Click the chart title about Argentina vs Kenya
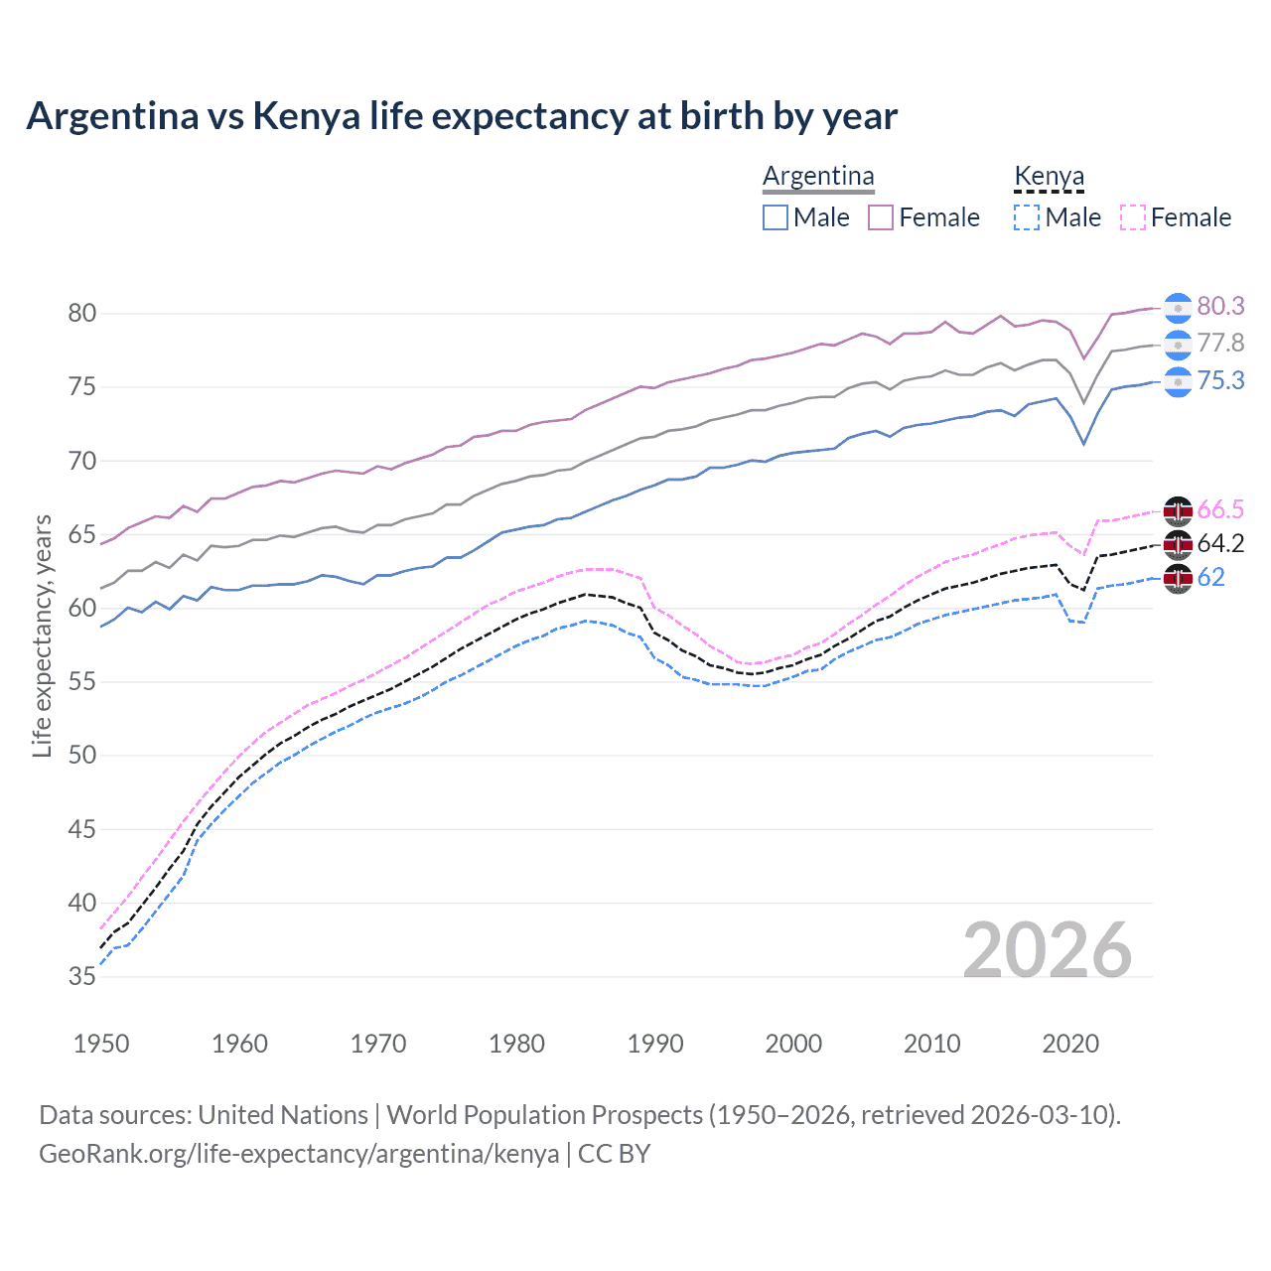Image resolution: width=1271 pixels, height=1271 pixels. coord(462,116)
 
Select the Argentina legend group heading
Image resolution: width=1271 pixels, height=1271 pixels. coord(818,177)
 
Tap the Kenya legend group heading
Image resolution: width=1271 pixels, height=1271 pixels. coord(1049,177)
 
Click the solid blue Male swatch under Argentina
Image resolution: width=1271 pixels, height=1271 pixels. coord(776,217)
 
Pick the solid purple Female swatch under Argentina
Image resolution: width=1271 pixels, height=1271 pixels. coord(881,217)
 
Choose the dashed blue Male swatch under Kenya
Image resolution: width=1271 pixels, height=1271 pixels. coord(1027,217)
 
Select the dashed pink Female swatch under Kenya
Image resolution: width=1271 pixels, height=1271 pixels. coord(1133,217)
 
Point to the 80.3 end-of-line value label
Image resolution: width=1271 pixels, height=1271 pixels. coord(1220,307)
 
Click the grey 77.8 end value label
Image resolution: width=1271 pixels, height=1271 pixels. coord(1220,344)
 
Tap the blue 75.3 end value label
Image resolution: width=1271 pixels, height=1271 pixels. coord(1220,381)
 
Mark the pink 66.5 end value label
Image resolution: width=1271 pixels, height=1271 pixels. coord(1220,510)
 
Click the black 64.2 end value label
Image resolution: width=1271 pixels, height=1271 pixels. coord(1220,544)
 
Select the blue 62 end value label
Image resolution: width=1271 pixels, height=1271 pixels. coord(1211,578)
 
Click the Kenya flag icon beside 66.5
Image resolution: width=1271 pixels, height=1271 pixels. coord(1178,511)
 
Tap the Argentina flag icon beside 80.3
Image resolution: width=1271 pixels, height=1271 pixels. coord(1178,309)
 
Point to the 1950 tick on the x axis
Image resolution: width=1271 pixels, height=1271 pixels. coord(101,1044)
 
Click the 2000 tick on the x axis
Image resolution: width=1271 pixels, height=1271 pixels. coord(793,1044)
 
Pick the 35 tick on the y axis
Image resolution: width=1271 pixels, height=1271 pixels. coord(82,977)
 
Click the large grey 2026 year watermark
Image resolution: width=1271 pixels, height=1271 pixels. coord(1047,950)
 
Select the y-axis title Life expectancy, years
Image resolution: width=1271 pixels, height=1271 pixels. coord(43,635)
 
